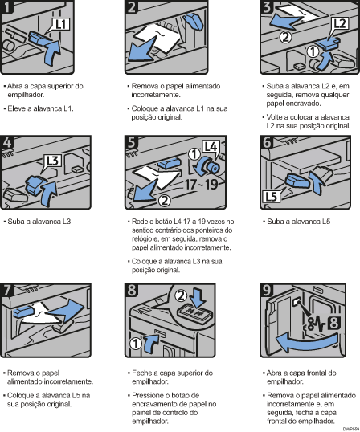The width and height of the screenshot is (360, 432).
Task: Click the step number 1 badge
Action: click(x=10, y=9)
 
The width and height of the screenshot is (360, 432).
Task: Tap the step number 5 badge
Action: click(x=133, y=143)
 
